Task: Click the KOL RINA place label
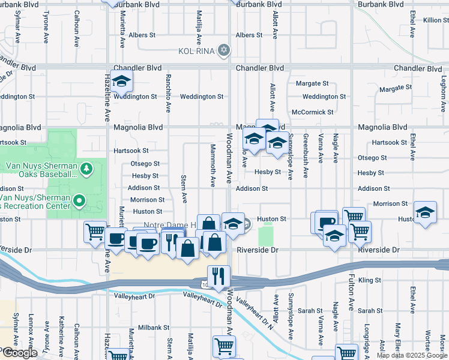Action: click(196, 50)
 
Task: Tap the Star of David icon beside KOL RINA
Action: click(223, 49)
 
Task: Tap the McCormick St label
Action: click(312, 112)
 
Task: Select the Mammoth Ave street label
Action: click(212, 165)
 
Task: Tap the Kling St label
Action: click(370, 280)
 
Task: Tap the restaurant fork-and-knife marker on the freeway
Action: click(219, 275)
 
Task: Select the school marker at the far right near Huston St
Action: click(425, 214)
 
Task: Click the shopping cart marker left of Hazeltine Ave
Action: click(95, 232)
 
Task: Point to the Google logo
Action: click(19, 353)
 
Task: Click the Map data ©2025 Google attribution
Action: click(411, 355)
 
